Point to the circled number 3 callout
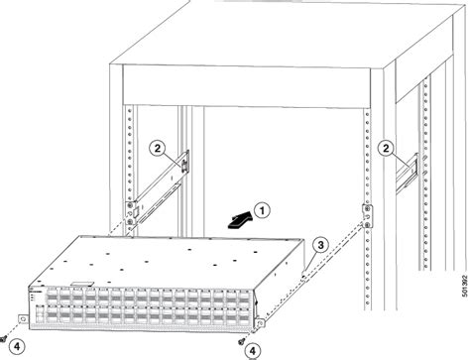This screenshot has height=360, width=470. click(320, 244)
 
